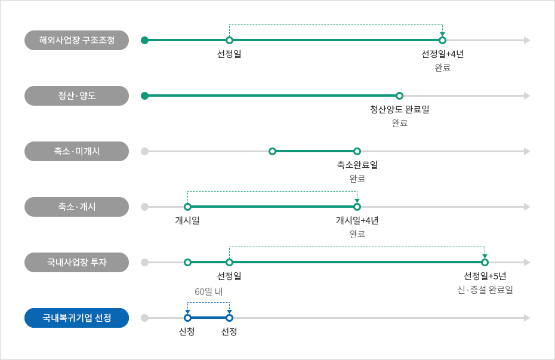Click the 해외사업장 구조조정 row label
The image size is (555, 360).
coord(76,41)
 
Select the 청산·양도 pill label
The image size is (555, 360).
coord(76,96)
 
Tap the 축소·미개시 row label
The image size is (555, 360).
coord(76,152)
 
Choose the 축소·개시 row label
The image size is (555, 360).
coord(76,207)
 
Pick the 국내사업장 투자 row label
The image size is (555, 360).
coord(76,262)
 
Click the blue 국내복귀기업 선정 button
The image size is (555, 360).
coord(76,318)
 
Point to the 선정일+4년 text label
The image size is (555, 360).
coord(442,54)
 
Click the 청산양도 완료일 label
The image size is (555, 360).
coord(400,109)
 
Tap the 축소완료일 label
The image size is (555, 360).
coord(357,165)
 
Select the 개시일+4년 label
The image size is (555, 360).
coord(357,220)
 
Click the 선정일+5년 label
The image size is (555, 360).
coord(485,276)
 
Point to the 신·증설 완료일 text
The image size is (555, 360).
coord(485,290)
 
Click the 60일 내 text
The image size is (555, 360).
coord(208,292)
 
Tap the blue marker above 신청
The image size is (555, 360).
coord(187,318)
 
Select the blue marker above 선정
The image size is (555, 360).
coord(229,318)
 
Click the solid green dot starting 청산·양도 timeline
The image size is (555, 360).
coord(144,96)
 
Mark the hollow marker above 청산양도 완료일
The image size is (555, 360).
coord(400,96)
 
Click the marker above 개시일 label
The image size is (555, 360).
coord(187,207)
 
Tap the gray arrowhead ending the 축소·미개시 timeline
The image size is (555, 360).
coord(527,152)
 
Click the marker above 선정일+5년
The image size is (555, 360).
coord(485,262)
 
